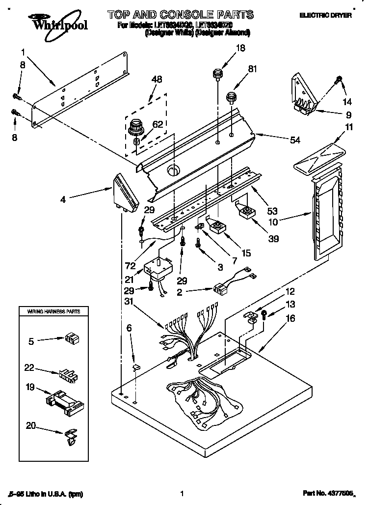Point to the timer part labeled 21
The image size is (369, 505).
[x=158, y=268]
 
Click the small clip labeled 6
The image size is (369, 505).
[x=137, y=366]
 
